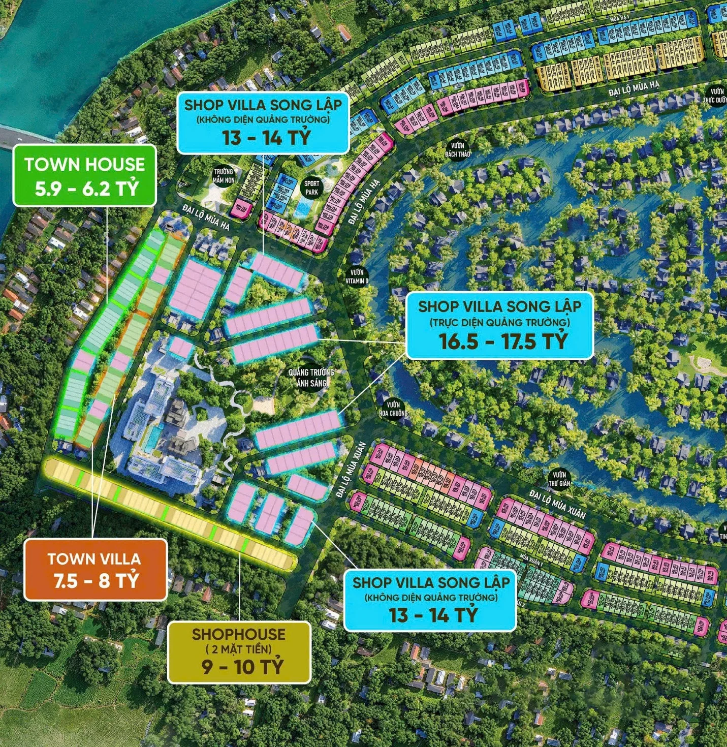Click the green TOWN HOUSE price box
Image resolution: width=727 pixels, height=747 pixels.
[x=84, y=175]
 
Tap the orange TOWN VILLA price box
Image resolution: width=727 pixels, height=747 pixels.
[x=95, y=570]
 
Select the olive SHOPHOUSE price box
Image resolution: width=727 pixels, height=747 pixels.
[x=239, y=652]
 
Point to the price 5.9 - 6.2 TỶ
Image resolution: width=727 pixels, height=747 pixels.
[x=86, y=189]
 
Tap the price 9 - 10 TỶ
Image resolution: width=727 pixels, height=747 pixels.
[x=242, y=666]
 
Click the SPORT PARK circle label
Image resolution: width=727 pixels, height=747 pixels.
[x=311, y=188]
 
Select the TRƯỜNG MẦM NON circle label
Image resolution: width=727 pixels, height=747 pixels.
[x=224, y=176]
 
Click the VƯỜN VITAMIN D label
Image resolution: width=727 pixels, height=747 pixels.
[x=357, y=276]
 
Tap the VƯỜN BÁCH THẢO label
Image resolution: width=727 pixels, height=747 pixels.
[x=458, y=149]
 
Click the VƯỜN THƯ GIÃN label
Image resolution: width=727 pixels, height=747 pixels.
[x=559, y=479]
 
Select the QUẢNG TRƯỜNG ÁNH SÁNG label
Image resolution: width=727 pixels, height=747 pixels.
[x=311, y=378]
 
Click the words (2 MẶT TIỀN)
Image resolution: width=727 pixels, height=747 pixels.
[x=239, y=649]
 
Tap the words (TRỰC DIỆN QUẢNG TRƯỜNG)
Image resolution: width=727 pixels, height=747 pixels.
[x=500, y=322]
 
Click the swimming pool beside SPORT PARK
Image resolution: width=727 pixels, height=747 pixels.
[x=304, y=206]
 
